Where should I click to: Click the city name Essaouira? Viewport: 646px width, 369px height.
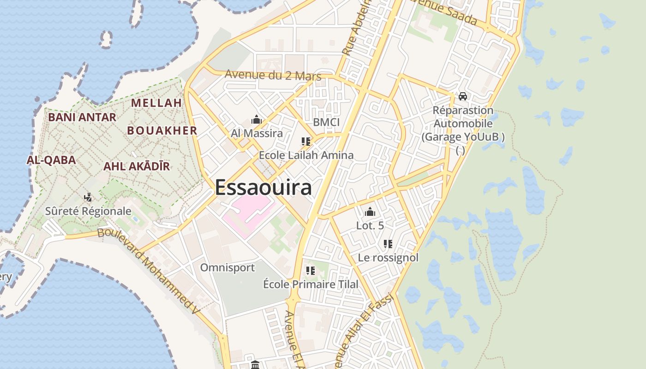263,188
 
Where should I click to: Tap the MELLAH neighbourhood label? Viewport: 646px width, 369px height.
156,103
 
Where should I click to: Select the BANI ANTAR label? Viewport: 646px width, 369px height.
82,117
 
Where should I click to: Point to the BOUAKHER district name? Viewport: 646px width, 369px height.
162,131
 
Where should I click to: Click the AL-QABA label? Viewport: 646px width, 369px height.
51,160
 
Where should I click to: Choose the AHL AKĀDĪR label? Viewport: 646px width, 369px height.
137,166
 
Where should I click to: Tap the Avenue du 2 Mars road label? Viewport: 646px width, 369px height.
273,75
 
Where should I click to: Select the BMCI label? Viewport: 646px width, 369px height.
326,122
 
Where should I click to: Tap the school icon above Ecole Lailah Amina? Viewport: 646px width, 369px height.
305,142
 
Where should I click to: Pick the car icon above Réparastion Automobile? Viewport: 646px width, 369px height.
463,96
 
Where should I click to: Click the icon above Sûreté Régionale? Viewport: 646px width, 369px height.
88,198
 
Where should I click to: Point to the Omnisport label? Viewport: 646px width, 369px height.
227,268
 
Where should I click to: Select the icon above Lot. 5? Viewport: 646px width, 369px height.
370,212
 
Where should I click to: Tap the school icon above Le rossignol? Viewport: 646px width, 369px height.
388,244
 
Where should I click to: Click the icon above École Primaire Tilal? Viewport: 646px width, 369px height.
311,271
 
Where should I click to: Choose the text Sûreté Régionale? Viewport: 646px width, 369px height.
88,211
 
